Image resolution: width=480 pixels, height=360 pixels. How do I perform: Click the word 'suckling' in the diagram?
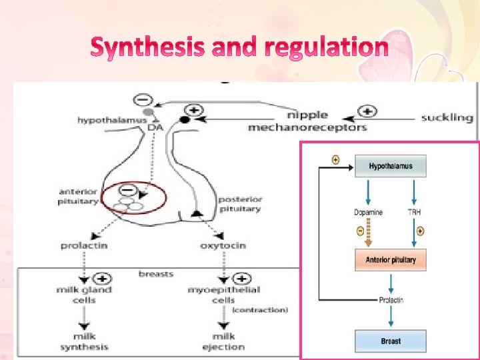tap(447, 117)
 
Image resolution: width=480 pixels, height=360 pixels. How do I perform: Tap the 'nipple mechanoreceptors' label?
tap(307, 121)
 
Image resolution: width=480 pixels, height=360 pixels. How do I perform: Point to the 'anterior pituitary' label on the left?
tap(78, 196)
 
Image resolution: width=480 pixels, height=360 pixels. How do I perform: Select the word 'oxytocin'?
tap(223, 245)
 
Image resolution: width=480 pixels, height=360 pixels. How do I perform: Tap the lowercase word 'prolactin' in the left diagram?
tap(84, 245)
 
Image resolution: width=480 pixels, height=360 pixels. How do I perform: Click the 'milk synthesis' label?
tap(84, 342)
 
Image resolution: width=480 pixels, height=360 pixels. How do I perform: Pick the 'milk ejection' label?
tap(224, 342)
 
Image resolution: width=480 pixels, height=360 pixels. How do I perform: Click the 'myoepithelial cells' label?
tap(224, 295)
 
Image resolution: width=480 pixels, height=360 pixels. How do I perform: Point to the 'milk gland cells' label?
tap(83, 295)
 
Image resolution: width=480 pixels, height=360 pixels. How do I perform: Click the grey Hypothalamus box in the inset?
tap(391, 167)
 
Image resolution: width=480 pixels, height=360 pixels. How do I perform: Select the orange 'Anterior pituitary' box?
tap(391, 259)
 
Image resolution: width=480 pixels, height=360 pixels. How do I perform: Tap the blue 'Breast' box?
tap(391, 341)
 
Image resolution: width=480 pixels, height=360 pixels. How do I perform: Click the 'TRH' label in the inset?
tap(415, 213)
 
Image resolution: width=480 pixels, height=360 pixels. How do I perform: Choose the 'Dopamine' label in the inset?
tap(369, 213)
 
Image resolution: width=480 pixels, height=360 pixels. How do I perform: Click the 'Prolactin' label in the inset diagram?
tap(391, 300)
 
